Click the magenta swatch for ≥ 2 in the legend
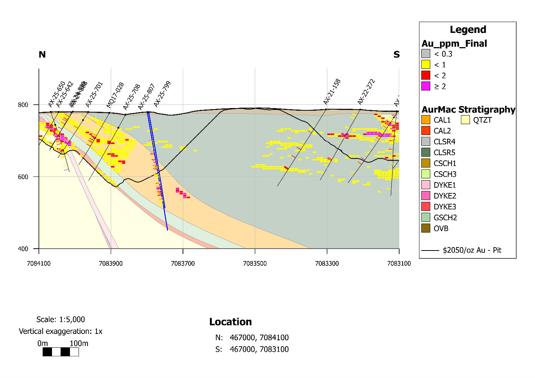tap(426, 86)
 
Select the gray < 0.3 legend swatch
tap(426, 54)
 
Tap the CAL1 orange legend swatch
tap(426, 120)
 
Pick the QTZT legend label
tap(482, 120)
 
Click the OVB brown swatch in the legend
tap(426, 228)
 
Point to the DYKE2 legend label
tap(445, 196)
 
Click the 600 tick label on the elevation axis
tap(23, 177)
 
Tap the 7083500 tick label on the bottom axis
tap(255, 264)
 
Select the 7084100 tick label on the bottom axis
tap(39, 264)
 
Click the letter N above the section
tap(42, 55)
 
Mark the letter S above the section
tap(397, 55)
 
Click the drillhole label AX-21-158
tap(332, 92)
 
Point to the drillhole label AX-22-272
tap(366, 92)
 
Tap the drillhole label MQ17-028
tap(115, 95)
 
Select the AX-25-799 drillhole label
tap(162, 94)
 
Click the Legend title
tap(468, 30)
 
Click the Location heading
tap(230, 322)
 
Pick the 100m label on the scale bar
tap(79, 343)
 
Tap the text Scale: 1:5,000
tap(61, 319)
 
